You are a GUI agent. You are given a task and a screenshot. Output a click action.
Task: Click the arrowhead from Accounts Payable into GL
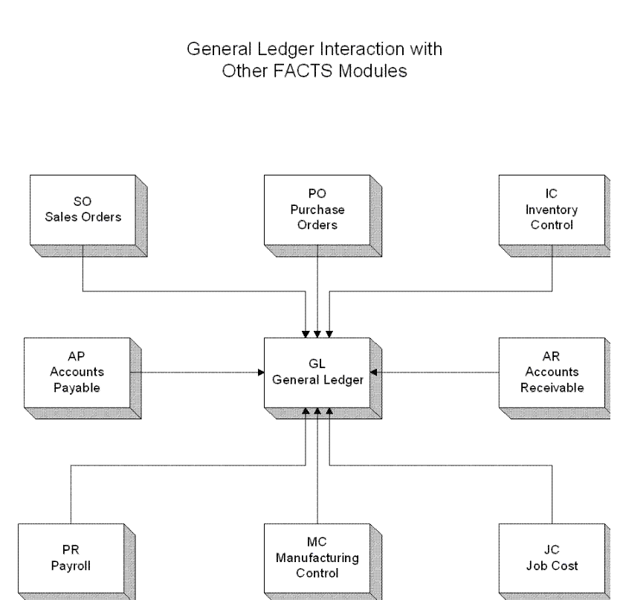pyautogui.click(x=261, y=372)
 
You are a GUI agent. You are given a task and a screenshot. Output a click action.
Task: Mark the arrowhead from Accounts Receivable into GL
pyautogui.click(x=373, y=372)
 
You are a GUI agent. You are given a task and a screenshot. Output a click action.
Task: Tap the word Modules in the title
pyautogui.click(x=372, y=71)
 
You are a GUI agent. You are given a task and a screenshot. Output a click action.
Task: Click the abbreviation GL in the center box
pyautogui.click(x=317, y=364)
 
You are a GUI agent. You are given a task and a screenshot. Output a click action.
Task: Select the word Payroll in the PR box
pyautogui.click(x=71, y=566)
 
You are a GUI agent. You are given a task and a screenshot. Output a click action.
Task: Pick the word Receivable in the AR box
pyautogui.click(x=552, y=388)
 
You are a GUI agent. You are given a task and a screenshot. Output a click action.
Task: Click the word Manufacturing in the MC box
pyautogui.click(x=317, y=558)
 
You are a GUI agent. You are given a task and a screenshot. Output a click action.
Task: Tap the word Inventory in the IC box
pyautogui.click(x=552, y=210)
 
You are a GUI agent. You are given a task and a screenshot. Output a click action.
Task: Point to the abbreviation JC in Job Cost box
pyautogui.click(x=552, y=550)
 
